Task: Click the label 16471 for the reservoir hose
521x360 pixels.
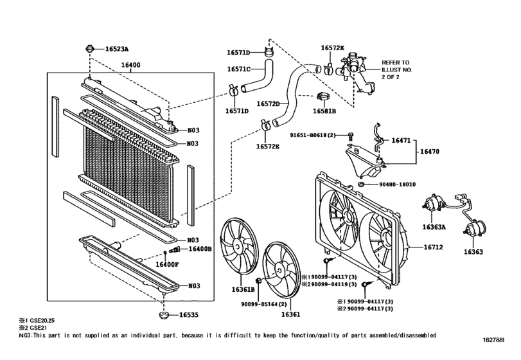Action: click(402, 139)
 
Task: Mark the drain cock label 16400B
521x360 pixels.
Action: click(199, 249)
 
